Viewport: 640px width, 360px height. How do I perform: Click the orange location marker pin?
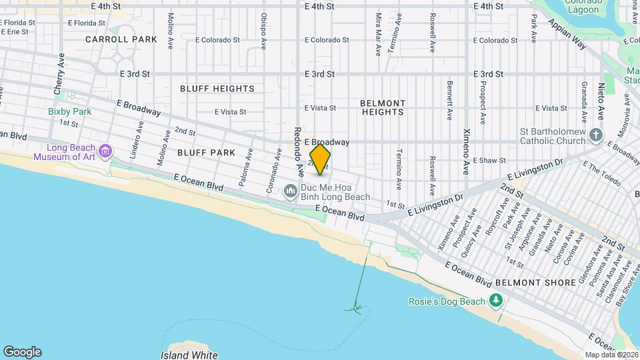[x=320, y=160]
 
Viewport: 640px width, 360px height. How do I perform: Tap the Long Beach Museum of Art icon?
[x=105, y=152]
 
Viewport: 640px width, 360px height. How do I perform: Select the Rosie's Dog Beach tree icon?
[x=495, y=301]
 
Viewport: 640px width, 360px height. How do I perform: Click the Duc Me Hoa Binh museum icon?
[x=291, y=192]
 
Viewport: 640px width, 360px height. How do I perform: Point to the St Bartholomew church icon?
[x=597, y=136]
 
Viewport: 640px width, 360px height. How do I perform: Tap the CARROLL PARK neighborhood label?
[x=121, y=39]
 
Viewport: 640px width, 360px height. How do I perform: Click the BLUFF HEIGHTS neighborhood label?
[x=217, y=89]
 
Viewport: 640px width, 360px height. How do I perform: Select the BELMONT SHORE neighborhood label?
[x=535, y=283]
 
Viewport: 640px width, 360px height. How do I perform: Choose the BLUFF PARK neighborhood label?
[x=206, y=153]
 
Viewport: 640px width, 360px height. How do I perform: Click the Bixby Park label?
[x=69, y=111]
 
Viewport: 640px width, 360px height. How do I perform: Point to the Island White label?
[x=189, y=355]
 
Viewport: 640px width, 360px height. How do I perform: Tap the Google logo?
[x=22, y=352]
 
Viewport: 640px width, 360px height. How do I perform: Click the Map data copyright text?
[x=611, y=355]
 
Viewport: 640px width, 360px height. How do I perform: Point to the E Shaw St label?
[x=490, y=161]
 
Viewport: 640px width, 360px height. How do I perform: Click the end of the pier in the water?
[x=355, y=309]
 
